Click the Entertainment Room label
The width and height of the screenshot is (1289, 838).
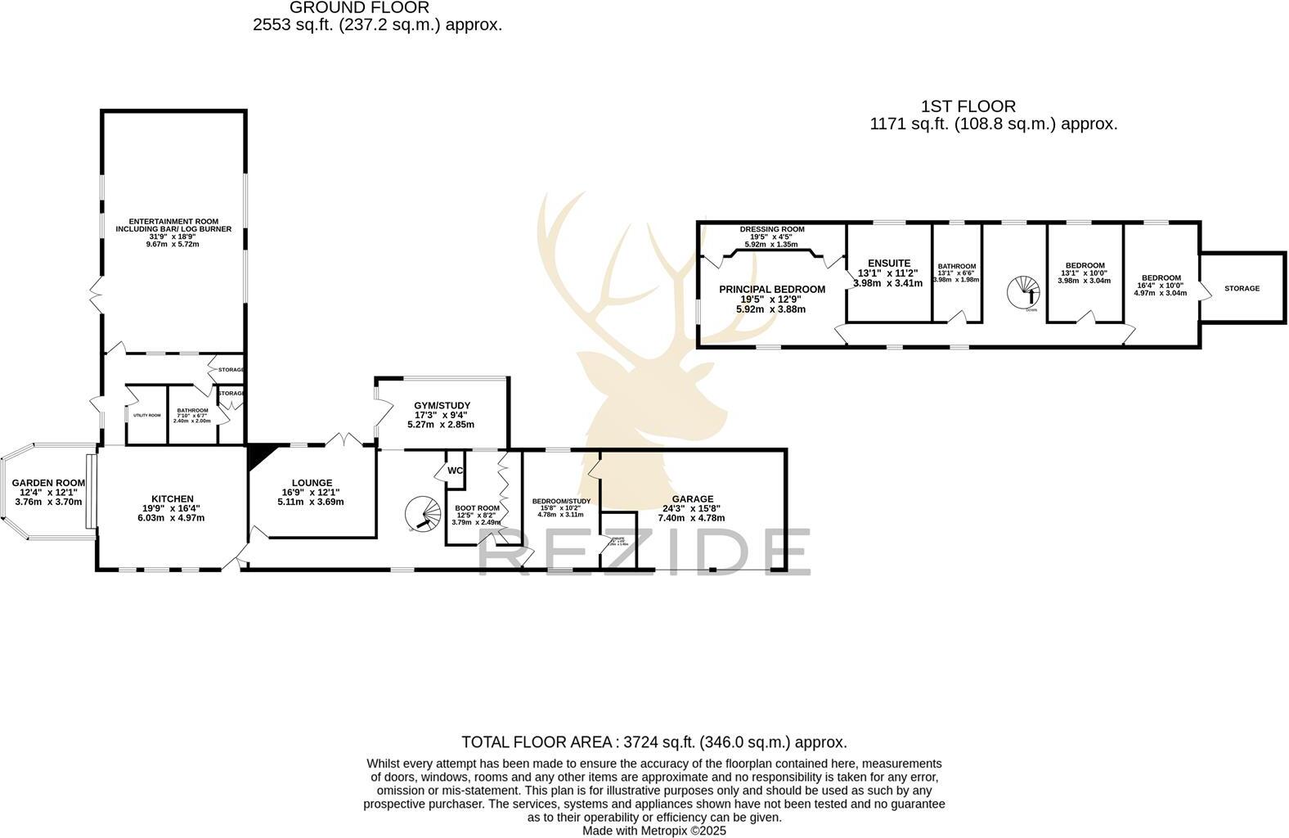[173, 226]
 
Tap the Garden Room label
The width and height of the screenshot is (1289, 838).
[48, 484]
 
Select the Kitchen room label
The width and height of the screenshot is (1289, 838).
[172, 499]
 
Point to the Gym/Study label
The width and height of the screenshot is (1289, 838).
[442, 406]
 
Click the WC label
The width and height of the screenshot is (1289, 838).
[456, 471]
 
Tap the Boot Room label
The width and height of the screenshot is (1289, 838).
[477, 508]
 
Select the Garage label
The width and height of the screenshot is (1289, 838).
[692, 499]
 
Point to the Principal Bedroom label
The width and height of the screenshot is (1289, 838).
[772, 290]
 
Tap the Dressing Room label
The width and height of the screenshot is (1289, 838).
[771, 230]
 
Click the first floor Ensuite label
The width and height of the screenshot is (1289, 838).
[888, 264]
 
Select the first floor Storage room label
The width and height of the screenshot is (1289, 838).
[1242, 288]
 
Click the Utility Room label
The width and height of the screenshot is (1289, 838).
[146, 416]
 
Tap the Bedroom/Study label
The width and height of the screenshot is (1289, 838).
[561, 502]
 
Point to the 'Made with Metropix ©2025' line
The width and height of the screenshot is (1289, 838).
[653, 830]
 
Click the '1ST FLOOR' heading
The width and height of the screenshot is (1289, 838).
[968, 106]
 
